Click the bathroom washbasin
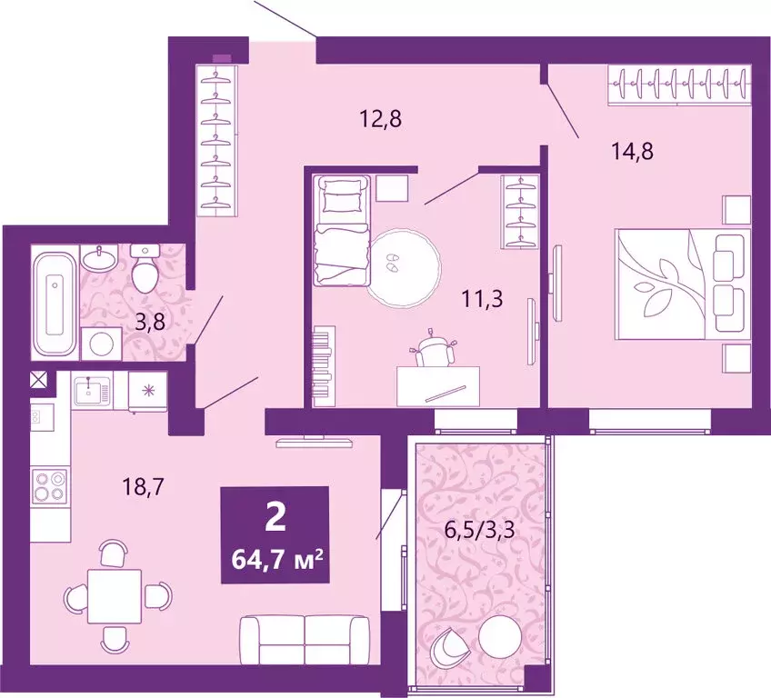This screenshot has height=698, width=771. pos(98,259)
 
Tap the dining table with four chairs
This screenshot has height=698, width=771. pos(115,594)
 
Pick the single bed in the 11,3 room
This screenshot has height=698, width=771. pos(342,232)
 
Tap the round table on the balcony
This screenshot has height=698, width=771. pos(502,636)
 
